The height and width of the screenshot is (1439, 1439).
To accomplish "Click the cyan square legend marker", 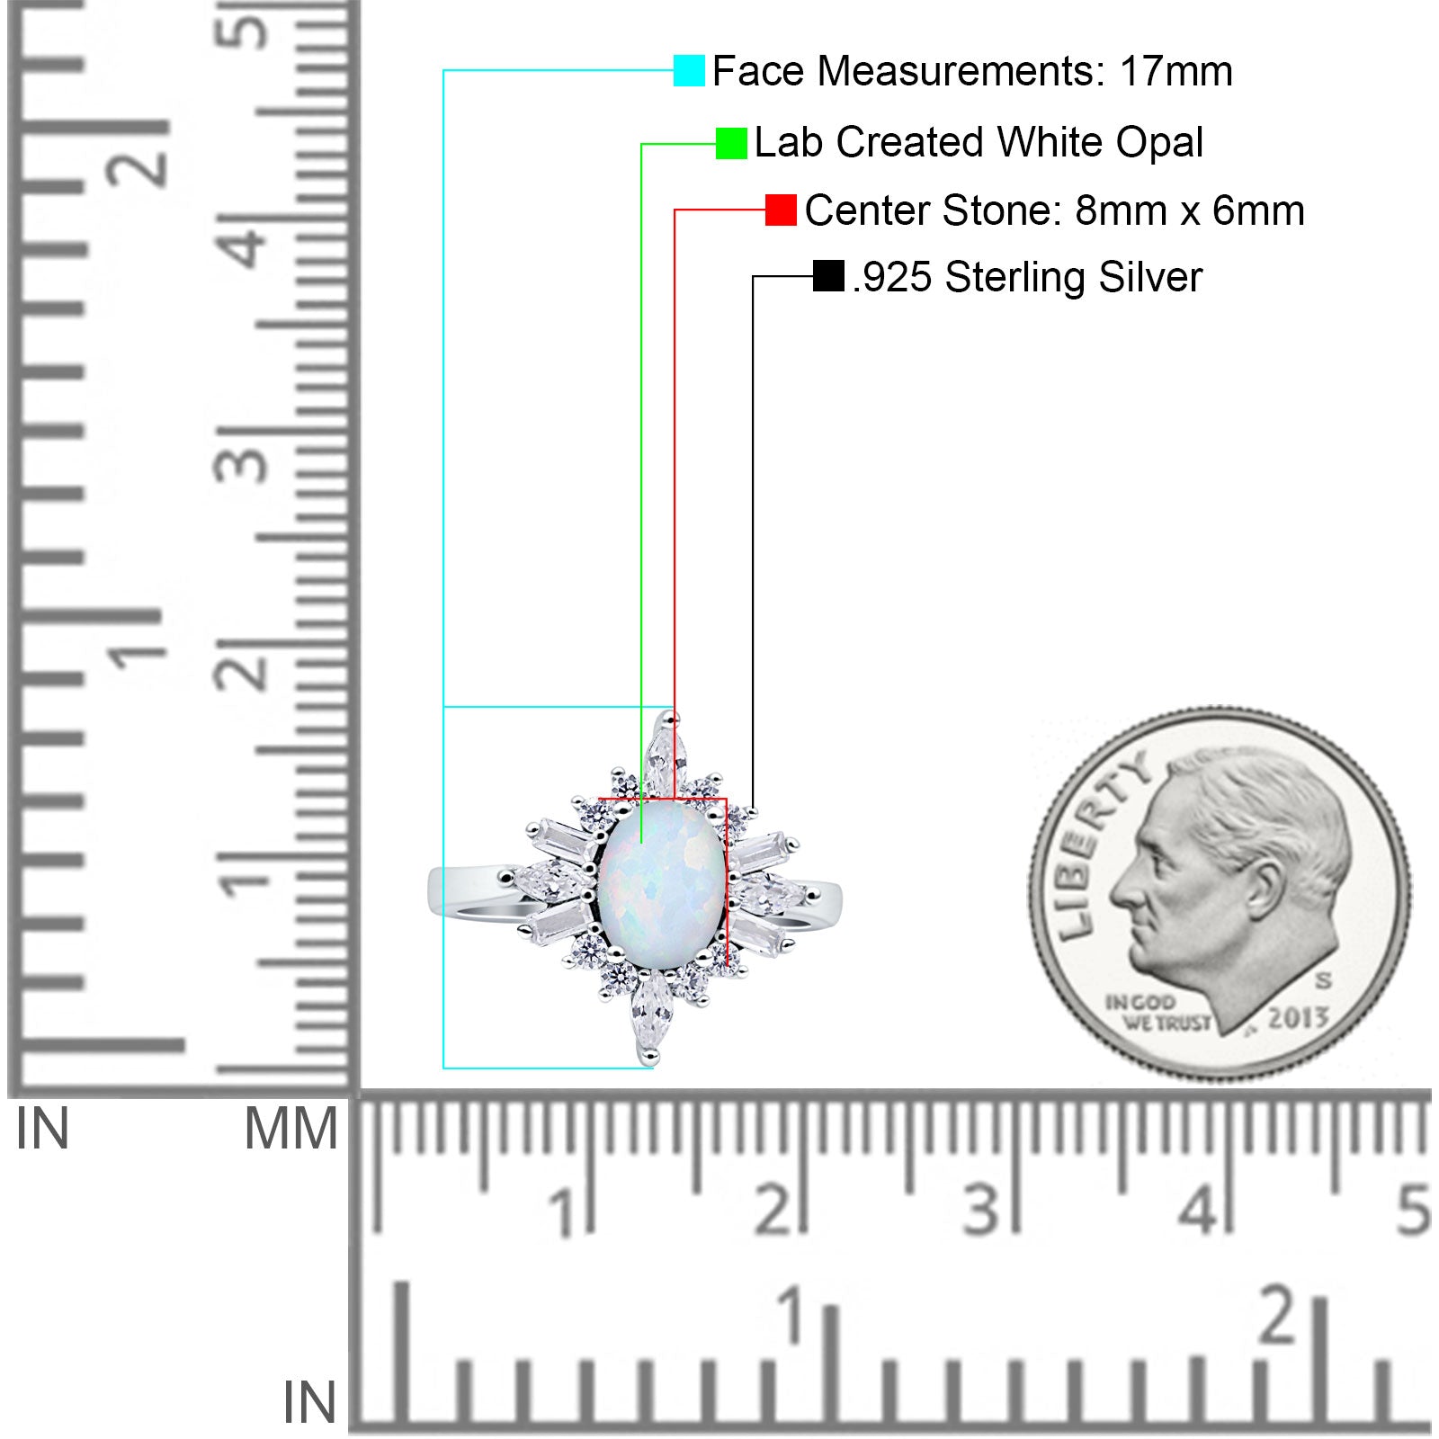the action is [689, 70].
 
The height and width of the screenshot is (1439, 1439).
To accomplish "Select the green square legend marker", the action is [731, 143].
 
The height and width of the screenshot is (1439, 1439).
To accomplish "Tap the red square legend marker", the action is [781, 210].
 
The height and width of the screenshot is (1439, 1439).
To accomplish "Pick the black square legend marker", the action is [828, 276].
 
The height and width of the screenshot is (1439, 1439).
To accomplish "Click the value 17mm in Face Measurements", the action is [1175, 71].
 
